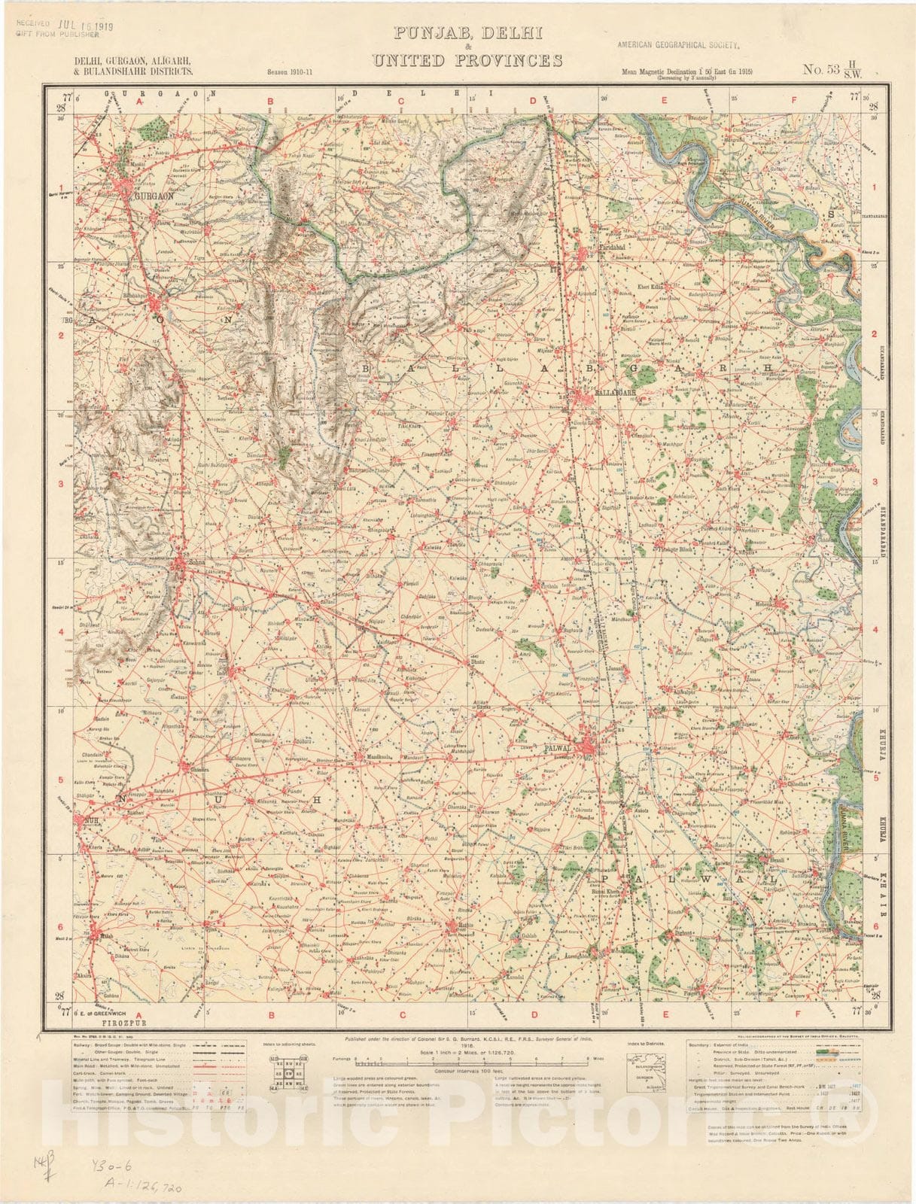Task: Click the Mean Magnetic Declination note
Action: pos(686,72)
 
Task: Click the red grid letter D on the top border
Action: pos(533,100)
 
